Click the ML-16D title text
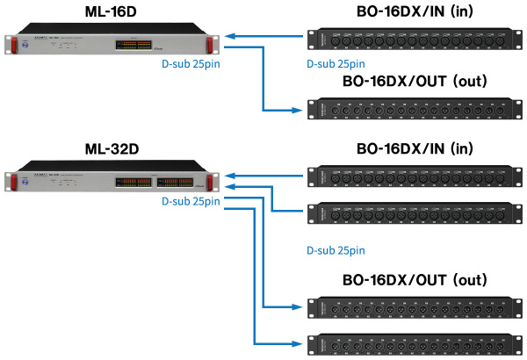pyautogui.click(x=114, y=11)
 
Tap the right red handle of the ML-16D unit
pyautogui.click(x=212, y=45)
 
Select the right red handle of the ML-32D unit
pyautogui.click(x=212, y=181)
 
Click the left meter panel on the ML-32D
pyautogui.click(x=133, y=183)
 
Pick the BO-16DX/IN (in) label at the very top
pyautogui.click(x=413, y=11)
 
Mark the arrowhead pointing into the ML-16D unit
pyautogui.click(x=229, y=38)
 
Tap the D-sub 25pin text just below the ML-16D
pyautogui.click(x=189, y=64)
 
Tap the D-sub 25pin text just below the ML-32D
pyautogui.click(x=189, y=201)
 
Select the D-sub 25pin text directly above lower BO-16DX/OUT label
pyautogui.click(x=335, y=250)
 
